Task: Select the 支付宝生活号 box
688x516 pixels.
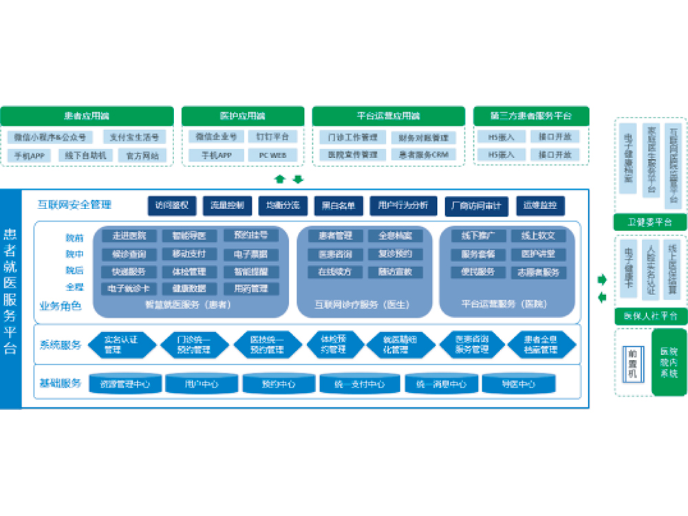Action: [x=134, y=137]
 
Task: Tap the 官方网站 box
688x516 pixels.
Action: [x=142, y=155]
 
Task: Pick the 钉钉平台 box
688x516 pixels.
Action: [x=272, y=136]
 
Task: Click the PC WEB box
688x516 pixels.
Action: [x=272, y=155]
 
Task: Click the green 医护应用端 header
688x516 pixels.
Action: [x=242, y=116]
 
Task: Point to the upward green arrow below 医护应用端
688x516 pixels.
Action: [x=280, y=180]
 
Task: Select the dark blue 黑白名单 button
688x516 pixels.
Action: [x=338, y=205]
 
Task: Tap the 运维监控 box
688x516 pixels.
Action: [x=540, y=205]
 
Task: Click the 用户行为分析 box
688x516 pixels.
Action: [x=403, y=205]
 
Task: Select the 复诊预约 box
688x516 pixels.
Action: [x=395, y=254]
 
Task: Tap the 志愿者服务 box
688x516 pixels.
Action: [x=537, y=272]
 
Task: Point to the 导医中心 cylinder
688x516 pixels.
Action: [x=518, y=384]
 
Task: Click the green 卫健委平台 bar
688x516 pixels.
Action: [x=650, y=222]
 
